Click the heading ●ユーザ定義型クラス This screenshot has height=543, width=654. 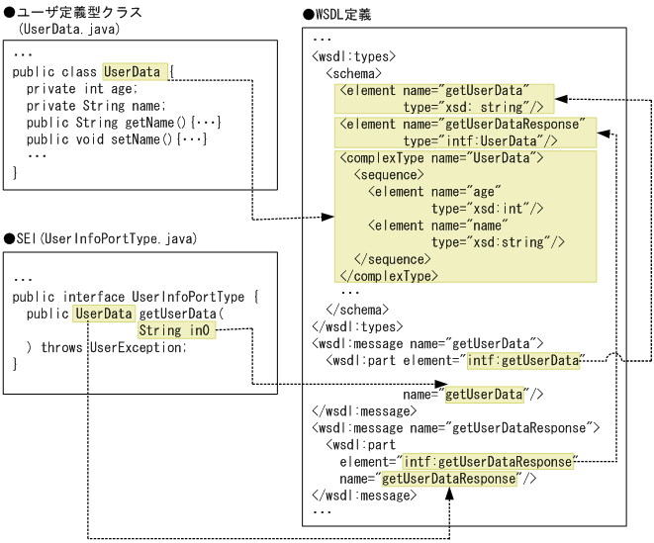[x=73, y=12]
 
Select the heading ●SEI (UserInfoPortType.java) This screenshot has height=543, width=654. [x=105, y=238]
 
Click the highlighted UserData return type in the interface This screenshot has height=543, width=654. [x=104, y=314]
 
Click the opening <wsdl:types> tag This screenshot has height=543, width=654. [x=353, y=56]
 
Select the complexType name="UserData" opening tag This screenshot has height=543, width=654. [x=436, y=157]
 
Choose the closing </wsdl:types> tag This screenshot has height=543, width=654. [x=356, y=325]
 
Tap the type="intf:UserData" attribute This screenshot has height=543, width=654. [x=491, y=140]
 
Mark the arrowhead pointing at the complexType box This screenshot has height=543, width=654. [x=329, y=216]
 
